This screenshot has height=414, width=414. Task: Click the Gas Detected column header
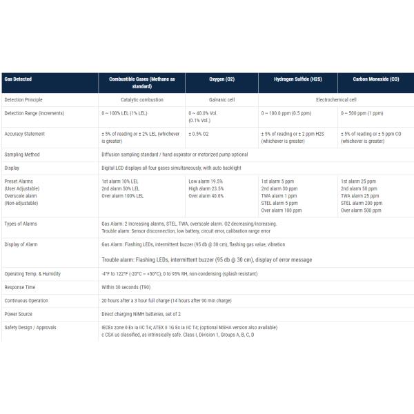tap(18, 79)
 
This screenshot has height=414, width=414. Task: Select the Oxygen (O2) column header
tap(221, 79)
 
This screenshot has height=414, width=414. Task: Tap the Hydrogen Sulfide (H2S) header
tap(297, 79)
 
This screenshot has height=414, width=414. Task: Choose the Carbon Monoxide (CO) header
tap(375, 79)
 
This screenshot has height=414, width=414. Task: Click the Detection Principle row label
tap(23, 99)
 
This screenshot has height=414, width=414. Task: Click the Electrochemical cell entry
tap(336, 99)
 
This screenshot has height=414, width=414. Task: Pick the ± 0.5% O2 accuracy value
tap(201, 133)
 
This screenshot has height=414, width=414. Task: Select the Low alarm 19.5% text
tap(206, 181)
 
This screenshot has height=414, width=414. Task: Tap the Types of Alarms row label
tap(22, 224)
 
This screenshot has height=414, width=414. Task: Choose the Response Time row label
tap(21, 286)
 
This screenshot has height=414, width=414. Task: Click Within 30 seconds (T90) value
tap(126, 286)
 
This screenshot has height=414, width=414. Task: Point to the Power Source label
tap(19, 313)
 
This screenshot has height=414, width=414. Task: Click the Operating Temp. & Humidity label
tap(32, 273)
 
